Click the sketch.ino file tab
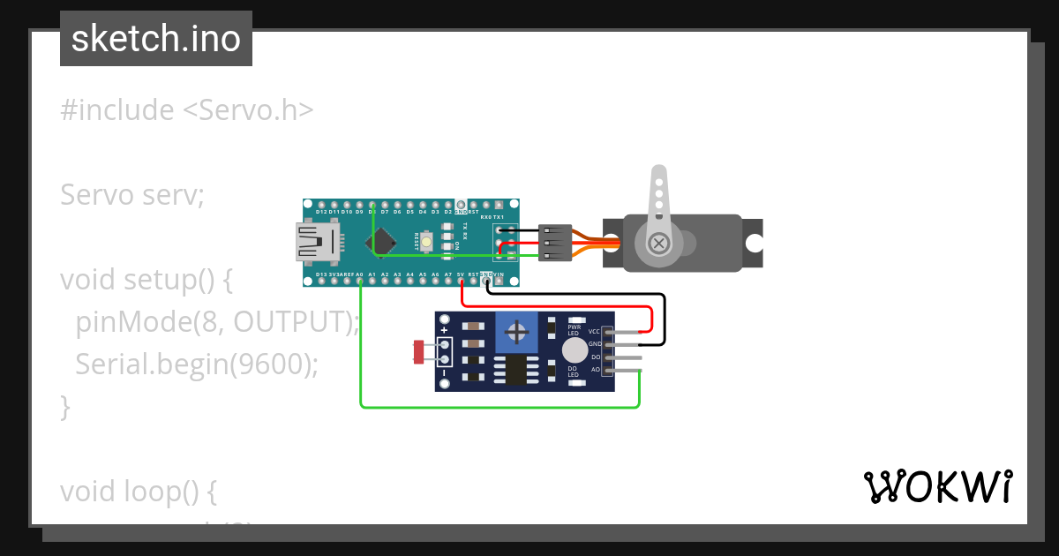click(156, 39)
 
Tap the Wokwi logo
click(937, 486)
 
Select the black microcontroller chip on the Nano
click(383, 242)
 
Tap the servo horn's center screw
click(658, 242)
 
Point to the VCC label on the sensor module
click(594, 331)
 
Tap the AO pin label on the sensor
click(595, 369)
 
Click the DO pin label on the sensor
click(595, 357)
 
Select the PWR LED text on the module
click(574, 329)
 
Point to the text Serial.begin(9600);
click(196, 364)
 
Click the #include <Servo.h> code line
click(187, 110)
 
